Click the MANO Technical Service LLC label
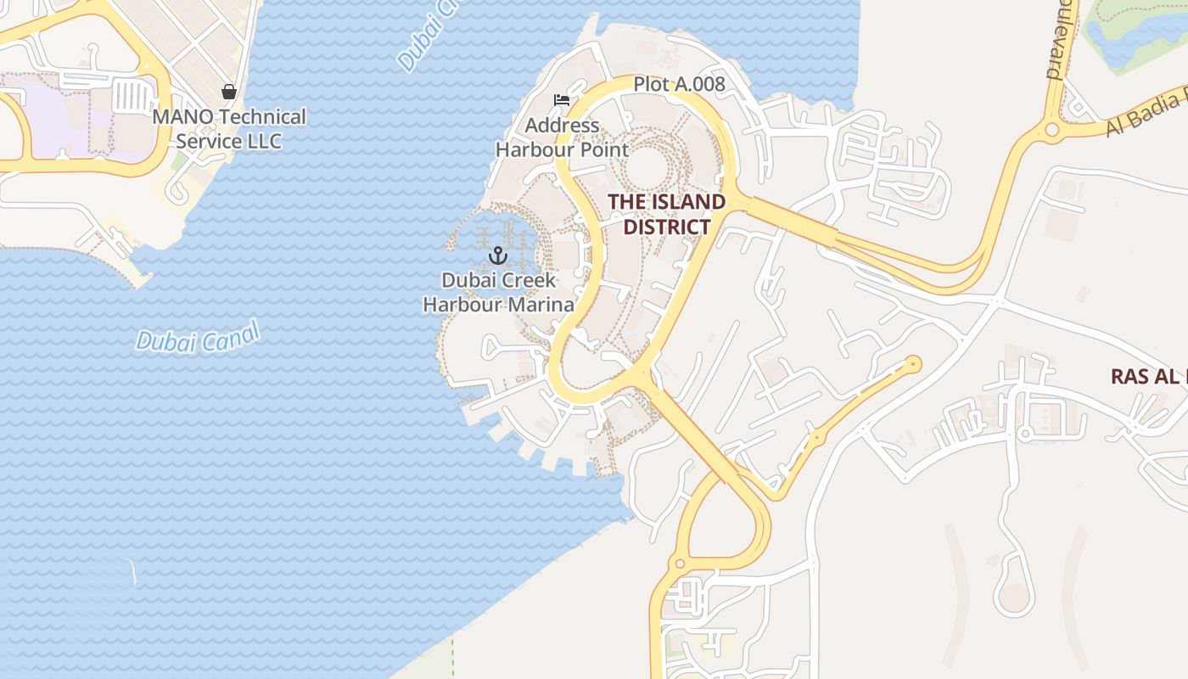point(229,128)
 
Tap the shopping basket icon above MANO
point(228,91)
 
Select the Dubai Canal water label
point(198,339)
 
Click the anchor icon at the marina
point(498,255)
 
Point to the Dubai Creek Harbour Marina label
point(498,292)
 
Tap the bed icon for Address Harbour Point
point(561,100)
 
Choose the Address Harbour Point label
point(562,137)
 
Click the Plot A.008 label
point(679,84)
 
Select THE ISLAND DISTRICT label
point(666,214)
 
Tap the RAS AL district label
point(1148,376)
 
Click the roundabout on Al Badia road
point(1052,130)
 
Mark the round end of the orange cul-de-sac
point(914,364)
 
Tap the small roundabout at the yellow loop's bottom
point(679,564)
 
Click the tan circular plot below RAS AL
point(1013,598)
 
